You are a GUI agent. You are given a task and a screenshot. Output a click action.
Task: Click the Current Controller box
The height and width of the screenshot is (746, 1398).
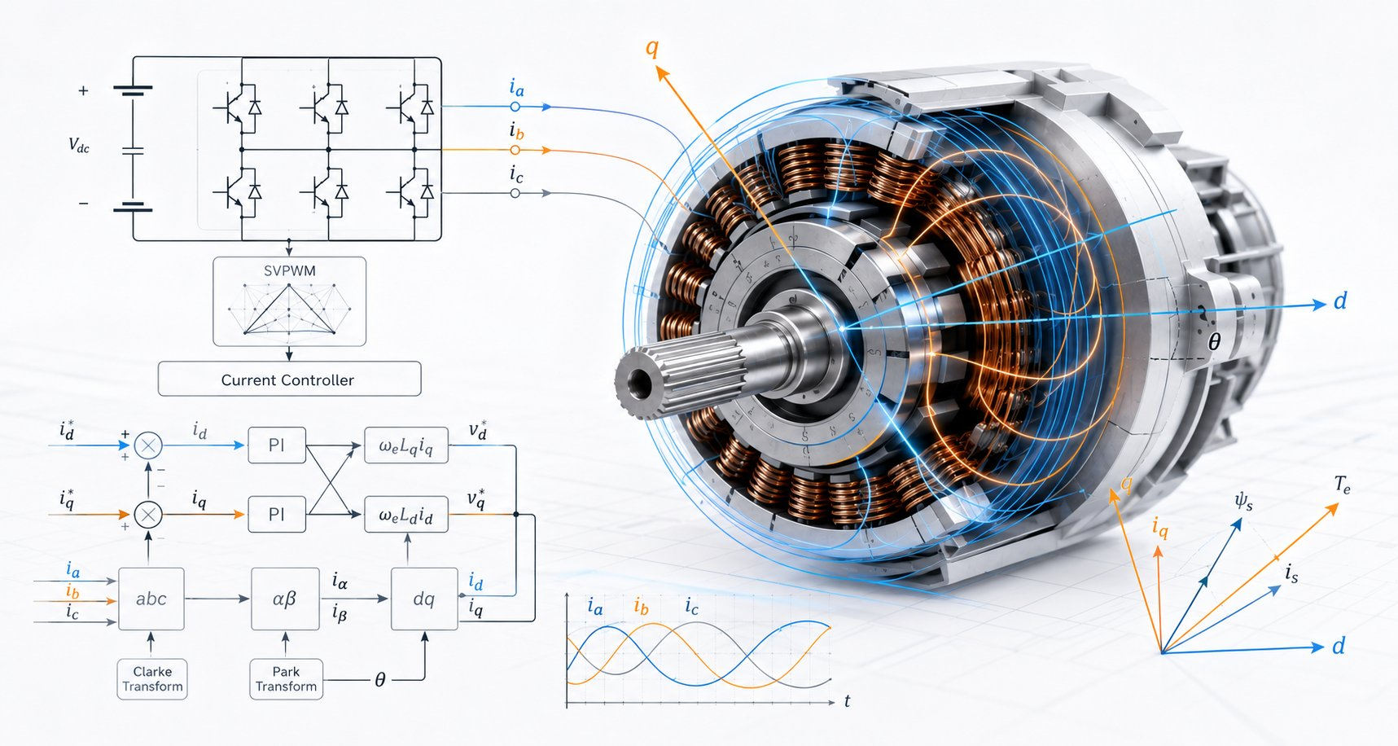click(x=289, y=379)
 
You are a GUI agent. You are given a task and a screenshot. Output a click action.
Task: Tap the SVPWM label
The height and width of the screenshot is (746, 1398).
click(x=289, y=271)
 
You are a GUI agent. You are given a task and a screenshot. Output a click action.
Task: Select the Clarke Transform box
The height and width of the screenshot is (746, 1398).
click(x=152, y=679)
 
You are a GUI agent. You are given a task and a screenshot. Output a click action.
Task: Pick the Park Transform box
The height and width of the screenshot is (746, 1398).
click(x=286, y=679)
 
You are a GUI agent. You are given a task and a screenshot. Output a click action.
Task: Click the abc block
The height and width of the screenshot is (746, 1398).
click(x=151, y=599)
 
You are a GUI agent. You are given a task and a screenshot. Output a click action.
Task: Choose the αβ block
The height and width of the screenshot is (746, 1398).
click(x=285, y=599)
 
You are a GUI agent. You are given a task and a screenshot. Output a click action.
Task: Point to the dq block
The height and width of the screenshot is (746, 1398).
click(x=424, y=599)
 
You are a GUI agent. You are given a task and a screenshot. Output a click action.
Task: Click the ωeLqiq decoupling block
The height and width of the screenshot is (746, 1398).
click(x=406, y=445)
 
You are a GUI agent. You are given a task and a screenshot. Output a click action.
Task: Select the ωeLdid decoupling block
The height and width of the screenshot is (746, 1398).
click(x=406, y=515)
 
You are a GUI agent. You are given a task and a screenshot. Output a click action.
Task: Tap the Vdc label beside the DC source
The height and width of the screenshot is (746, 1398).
click(x=79, y=146)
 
